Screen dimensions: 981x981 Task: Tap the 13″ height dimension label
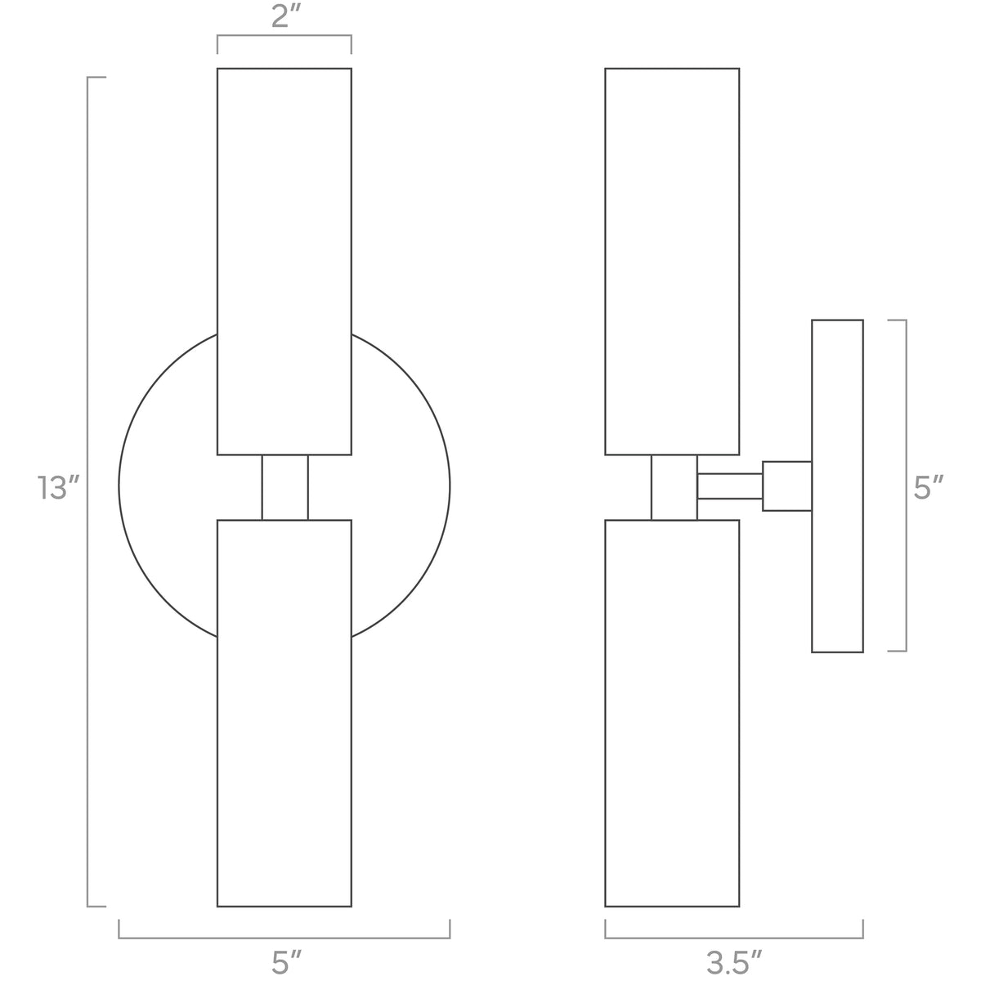point(58,489)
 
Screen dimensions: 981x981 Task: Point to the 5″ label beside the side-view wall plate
point(929,489)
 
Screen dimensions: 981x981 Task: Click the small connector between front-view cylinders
point(284,487)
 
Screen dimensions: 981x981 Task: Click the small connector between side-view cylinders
point(674,487)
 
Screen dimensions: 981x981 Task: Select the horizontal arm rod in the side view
point(729,486)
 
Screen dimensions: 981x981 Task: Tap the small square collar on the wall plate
point(786,486)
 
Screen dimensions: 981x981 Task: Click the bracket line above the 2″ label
point(284,36)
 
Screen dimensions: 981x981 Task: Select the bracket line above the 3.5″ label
point(734,938)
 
